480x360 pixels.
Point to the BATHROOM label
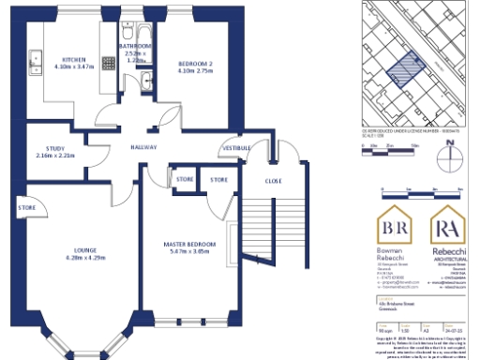[135, 45]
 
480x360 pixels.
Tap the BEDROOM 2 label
[196, 63]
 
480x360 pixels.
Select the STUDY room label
[54, 147]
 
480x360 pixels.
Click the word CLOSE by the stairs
[273, 180]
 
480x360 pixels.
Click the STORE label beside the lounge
[27, 208]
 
